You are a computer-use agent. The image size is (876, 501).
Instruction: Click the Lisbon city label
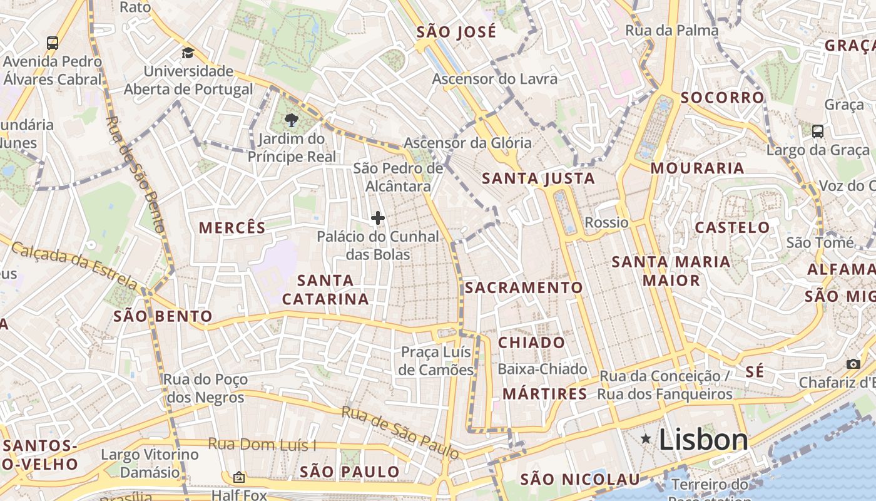(x=703, y=440)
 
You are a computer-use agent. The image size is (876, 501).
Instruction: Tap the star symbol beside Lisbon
(x=646, y=440)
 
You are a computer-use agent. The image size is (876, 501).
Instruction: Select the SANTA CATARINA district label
(x=325, y=289)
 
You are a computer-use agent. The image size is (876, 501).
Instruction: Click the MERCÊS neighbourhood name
(x=232, y=227)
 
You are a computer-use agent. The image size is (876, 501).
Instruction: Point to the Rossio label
(x=606, y=222)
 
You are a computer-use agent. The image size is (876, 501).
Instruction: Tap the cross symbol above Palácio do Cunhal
(x=377, y=218)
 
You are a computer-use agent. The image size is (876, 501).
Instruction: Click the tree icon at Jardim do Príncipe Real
(x=291, y=120)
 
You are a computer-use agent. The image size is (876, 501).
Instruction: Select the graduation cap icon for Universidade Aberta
(x=188, y=53)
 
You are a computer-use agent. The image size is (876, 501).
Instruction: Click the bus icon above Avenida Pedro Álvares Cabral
(x=53, y=43)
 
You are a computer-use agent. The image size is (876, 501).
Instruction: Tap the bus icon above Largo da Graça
(x=817, y=131)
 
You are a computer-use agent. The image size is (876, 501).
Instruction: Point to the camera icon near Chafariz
(x=853, y=364)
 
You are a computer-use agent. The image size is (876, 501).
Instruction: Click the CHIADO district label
(x=531, y=343)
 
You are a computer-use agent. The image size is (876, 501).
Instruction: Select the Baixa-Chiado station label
(x=542, y=369)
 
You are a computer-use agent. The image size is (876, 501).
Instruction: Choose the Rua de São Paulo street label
(x=400, y=431)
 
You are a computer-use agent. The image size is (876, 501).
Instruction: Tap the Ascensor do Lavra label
(x=494, y=79)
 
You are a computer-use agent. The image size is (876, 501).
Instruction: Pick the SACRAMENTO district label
(x=523, y=287)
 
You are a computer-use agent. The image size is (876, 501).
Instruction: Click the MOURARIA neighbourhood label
(x=697, y=168)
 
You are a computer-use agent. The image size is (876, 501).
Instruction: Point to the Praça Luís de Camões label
(x=437, y=361)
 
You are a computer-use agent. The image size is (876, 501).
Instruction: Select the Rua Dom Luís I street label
(x=262, y=444)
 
